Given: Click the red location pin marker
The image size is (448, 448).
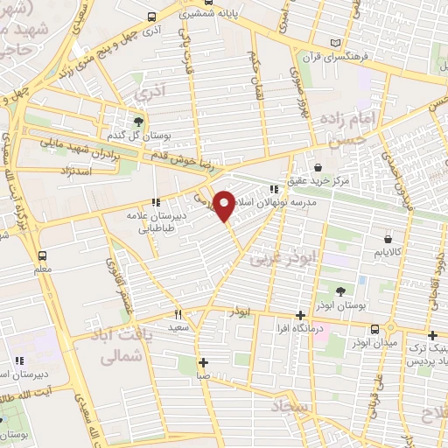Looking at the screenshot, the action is [x=225, y=205].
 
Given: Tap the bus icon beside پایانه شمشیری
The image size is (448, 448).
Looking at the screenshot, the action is [x=153, y=16].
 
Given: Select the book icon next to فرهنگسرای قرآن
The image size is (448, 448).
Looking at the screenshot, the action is [x=337, y=43].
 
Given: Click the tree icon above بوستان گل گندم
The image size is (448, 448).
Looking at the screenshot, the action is [x=137, y=121].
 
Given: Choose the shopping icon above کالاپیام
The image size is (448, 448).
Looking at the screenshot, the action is [x=388, y=238].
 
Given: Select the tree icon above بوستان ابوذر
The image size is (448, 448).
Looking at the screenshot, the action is [x=340, y=291].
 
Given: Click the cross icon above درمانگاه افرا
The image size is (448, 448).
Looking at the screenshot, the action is [x=300, y=315].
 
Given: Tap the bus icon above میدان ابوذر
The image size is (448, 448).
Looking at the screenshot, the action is [x=375, y=329].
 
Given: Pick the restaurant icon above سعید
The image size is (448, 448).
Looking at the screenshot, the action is [x=178, y=314].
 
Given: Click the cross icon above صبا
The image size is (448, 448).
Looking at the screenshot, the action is [x=202, y=362].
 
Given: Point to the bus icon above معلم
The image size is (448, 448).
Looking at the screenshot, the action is [x=41, y=255].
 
